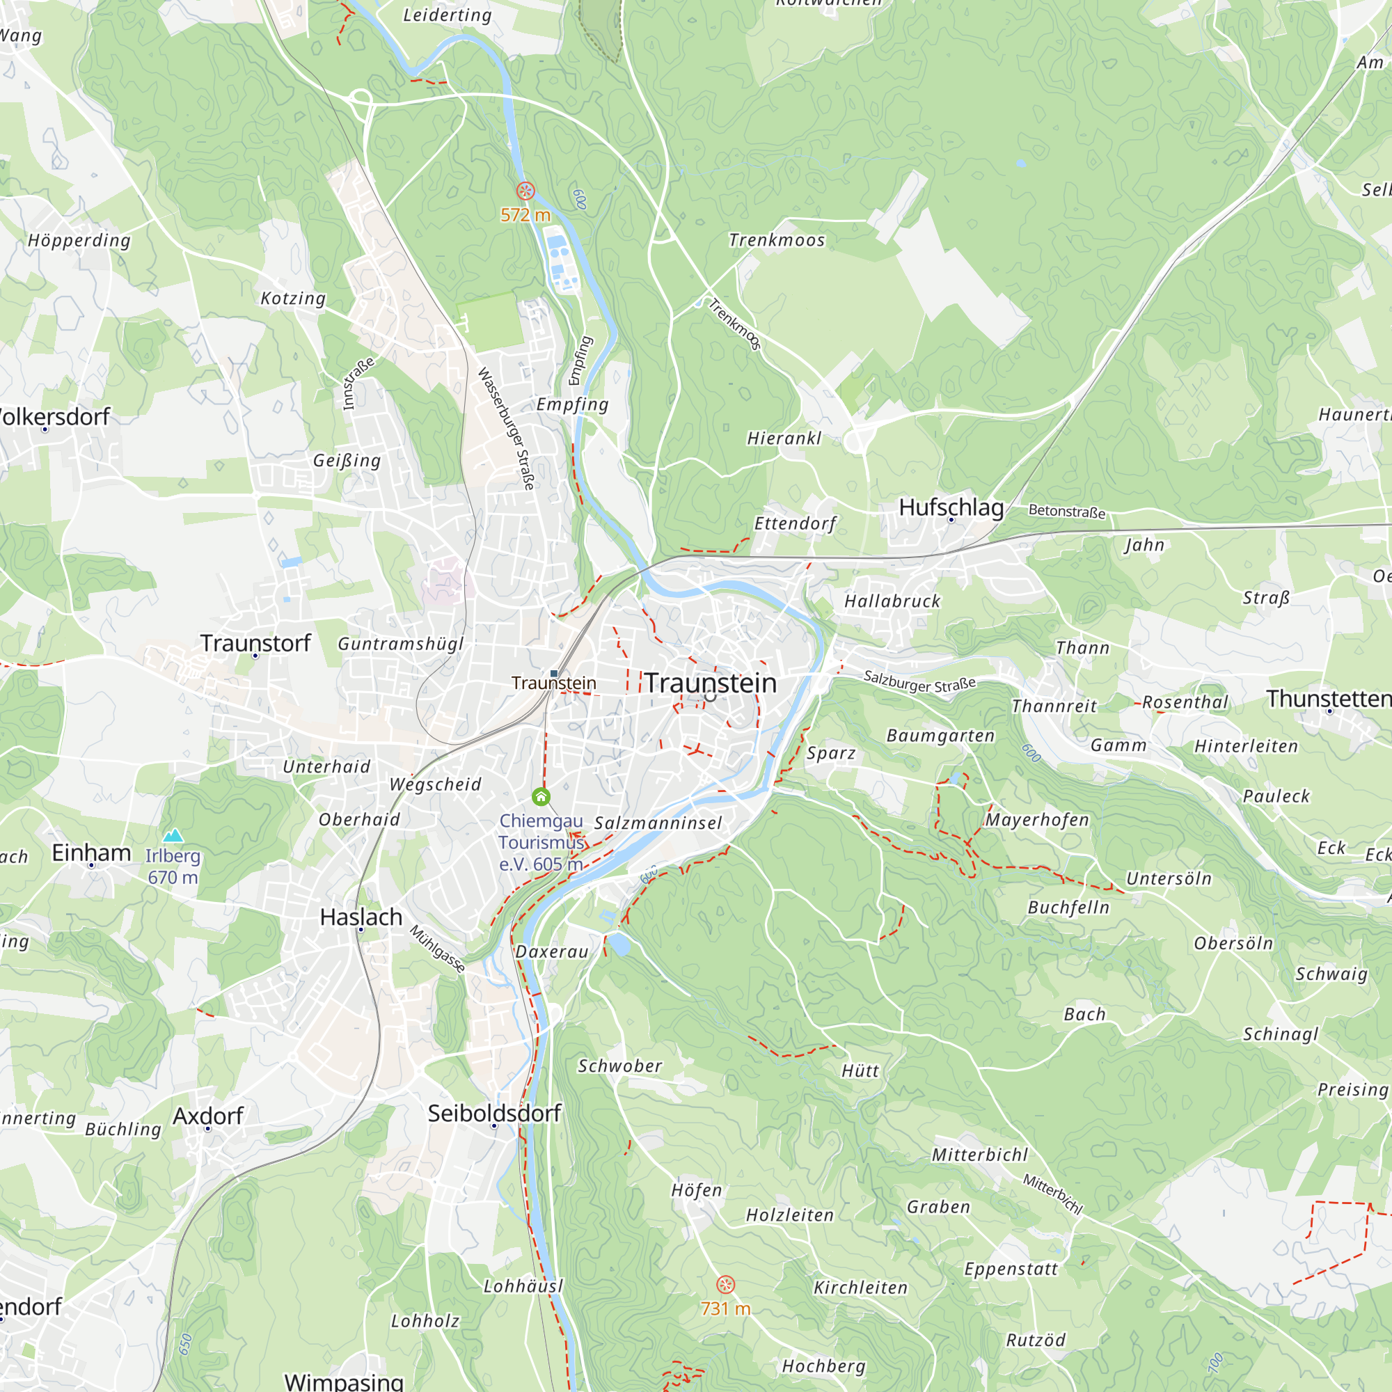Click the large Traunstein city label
(711, 683)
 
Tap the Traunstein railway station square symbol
(554, 673)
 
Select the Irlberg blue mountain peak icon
(173, 836)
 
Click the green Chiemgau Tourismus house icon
(541, 796)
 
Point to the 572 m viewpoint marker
(526, 191)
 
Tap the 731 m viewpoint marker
(725, 1285)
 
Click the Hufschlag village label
(951, 507)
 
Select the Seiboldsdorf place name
(494, 1113)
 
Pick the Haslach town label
(361, 917)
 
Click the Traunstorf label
(255, 642)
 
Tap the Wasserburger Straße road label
(507, 429)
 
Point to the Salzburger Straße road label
(919, 681)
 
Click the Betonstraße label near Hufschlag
(1066, 511)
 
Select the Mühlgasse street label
(437, 949)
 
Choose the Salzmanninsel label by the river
(658, 823)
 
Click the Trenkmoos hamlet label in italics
(777, 240)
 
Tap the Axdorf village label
(208, 1116)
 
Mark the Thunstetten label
(1329, 698)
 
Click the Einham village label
(91, 853)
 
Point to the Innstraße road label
(358, 383)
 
